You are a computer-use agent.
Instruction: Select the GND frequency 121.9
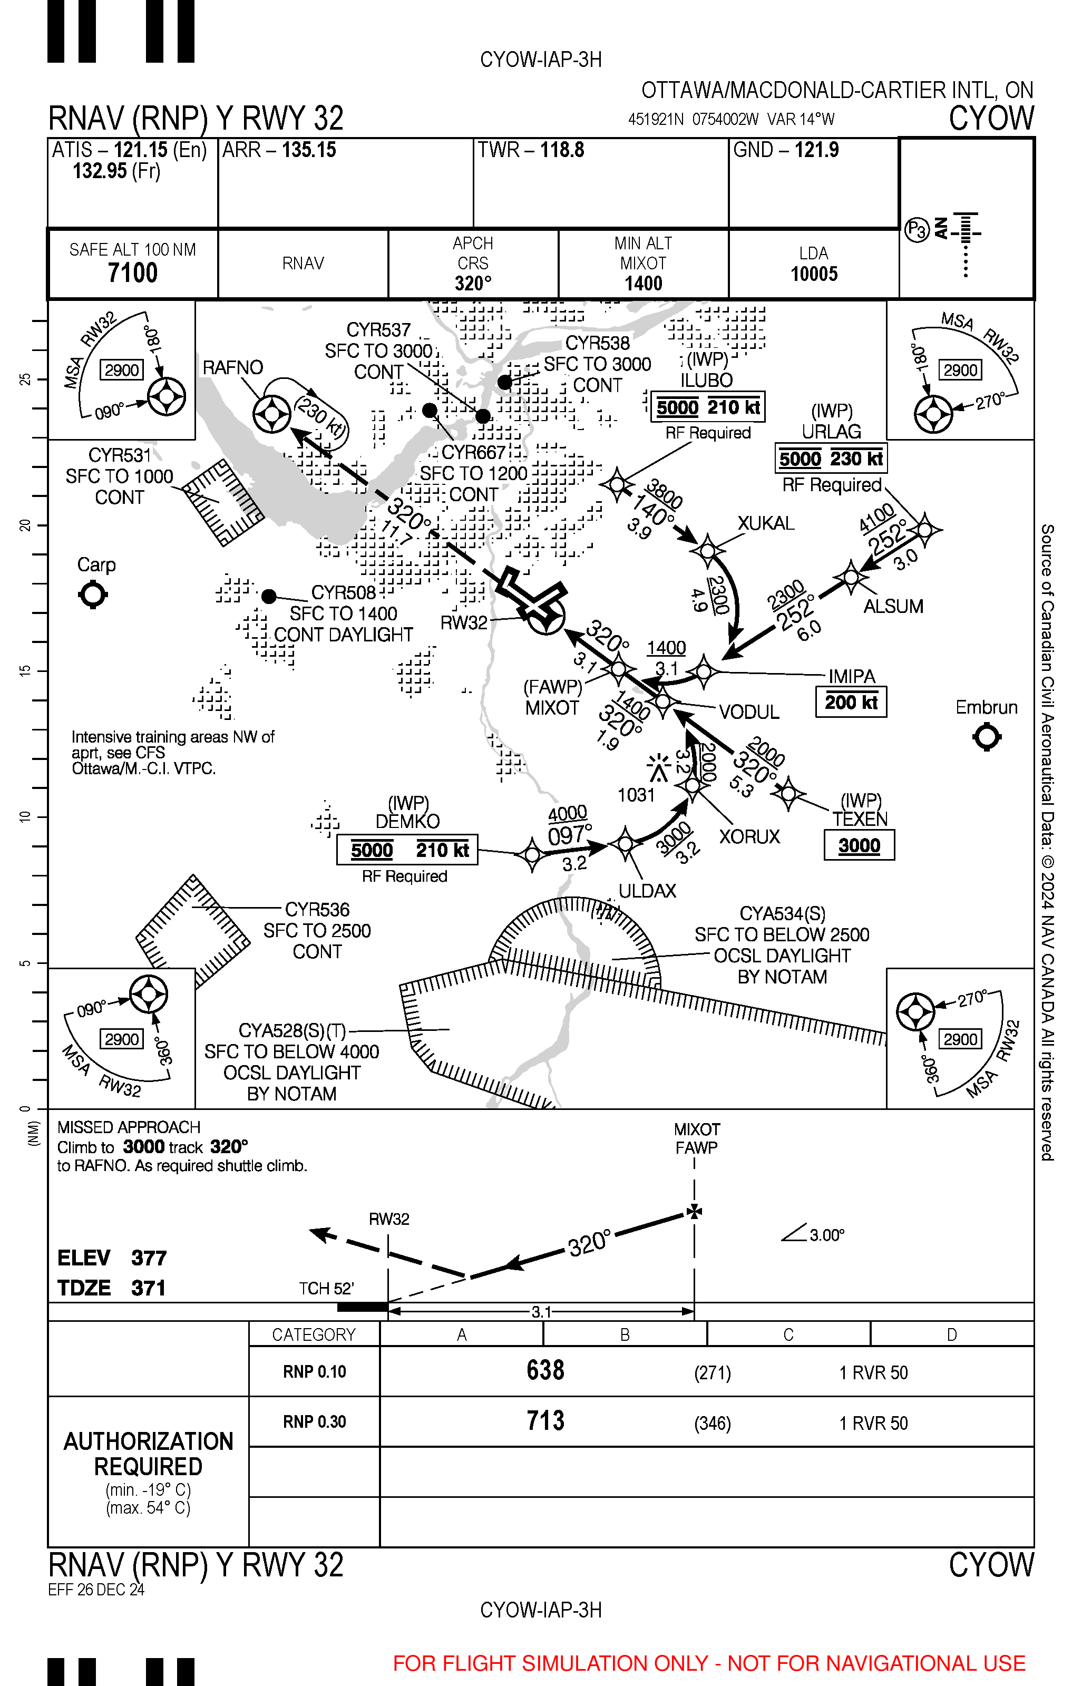(816, 150)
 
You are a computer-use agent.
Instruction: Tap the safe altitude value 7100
(132, 272)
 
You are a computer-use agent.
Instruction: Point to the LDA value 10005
(814, 274)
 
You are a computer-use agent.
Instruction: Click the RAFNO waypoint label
(232, 367)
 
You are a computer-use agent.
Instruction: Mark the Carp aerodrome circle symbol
(93, 595)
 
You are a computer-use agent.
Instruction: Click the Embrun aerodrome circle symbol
(987, 737)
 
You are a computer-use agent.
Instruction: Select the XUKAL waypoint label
(766, 523)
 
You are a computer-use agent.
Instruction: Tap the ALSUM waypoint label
(893, 606)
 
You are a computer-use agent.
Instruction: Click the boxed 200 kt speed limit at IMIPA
(851, 702)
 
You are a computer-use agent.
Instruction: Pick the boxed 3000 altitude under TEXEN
(859, 845)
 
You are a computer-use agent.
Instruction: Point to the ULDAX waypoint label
(647, 891)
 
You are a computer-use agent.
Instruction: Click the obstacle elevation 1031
(636, 795)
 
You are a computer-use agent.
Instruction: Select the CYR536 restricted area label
(317, 910)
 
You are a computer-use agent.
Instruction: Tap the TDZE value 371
(148, 1288)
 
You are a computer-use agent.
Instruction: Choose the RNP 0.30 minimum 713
(545, 1420)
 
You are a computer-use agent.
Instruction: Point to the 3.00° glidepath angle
(826, 1235)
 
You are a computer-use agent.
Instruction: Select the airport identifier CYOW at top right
(991, 118)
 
